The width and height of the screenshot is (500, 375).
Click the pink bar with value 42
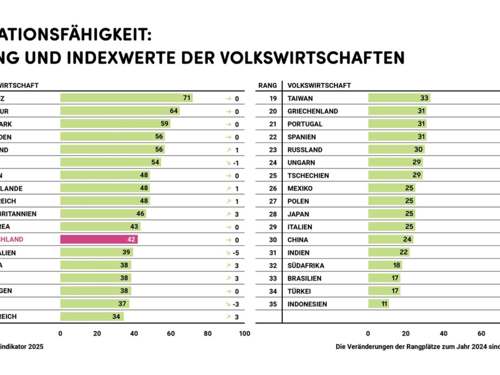[99, 240]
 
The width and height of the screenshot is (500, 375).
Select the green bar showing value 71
[126, 98]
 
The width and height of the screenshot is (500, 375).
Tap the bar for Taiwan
[399, 98]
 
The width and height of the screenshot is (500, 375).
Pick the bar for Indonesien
[378, 304]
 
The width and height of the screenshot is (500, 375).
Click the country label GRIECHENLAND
[312, 111]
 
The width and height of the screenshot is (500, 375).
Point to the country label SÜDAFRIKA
[306, 265]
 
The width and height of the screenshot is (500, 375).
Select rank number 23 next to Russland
[273, 150]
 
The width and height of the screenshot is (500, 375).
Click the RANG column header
[267, 85]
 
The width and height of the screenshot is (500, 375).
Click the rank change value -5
[236, 252]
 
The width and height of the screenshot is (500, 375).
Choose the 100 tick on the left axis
[245, 333]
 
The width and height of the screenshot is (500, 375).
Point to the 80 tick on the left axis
[207, 333]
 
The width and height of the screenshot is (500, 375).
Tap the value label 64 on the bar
[174, 111]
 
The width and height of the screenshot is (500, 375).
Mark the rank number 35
[273, 304]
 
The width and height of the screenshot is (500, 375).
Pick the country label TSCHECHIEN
[308, 175]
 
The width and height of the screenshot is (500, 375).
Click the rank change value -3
[236, 304]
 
